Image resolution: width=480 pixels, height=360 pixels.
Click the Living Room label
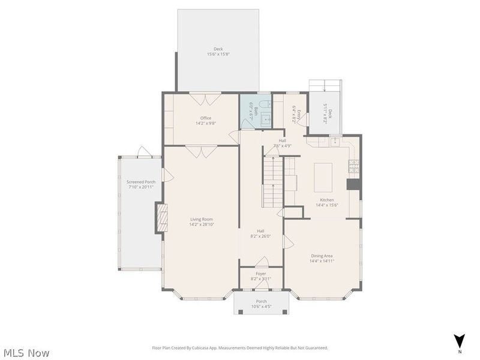(x=201, y=219)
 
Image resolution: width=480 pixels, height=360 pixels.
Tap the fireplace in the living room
(x=160, y=218)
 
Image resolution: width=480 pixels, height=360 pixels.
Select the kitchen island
(x=323, y=177)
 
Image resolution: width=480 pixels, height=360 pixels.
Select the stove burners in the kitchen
(x=354, y=166)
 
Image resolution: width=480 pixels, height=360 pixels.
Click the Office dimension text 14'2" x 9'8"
(x=206, y=124)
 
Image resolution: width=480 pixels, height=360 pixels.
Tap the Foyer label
(x=260, y=274)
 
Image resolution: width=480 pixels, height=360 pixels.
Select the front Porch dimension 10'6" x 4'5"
(x=261, y=307)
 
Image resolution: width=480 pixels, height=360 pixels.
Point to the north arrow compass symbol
(x=460, y=341)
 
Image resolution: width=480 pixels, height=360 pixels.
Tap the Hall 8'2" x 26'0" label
(x=260, y=233)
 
